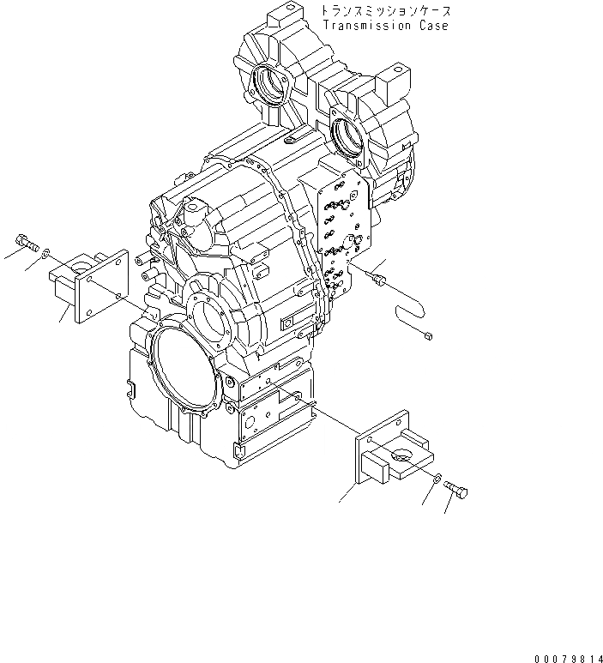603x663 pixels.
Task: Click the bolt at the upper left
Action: tap(26, 244)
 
